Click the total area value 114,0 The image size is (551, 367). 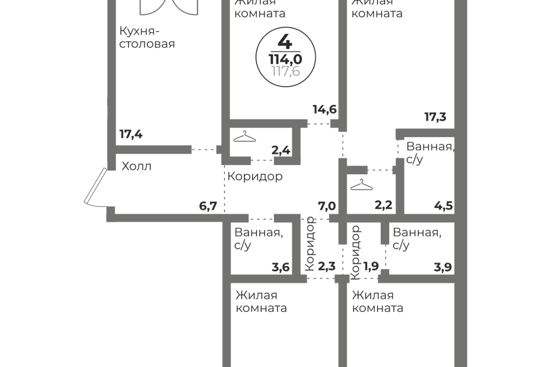pyautogui.click(x=285, y=58)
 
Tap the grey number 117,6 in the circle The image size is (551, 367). pyautogui.click(x=286, y=71)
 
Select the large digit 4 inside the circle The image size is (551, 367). pyautogui.click(x=285, y=42)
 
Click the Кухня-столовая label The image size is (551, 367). pyautogui.click(x=147, y=38)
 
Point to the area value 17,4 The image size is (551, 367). pyautogui.click(x=131, y=134)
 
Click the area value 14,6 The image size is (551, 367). pyautogui.click(x=325, y=110)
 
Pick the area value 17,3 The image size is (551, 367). pyautogui.click(x=436, y=116)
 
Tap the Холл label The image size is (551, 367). pyautogui.click(x=137, y=166)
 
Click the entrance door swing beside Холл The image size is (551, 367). pyautogui.click(x=95, y=187)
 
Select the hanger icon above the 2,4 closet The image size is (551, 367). pyautogui.click(x=245, y=136)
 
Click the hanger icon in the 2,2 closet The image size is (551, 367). pyautogui.click(x=362, y=185)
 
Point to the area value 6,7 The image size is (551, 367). pyautogui.click(x=208, y=206)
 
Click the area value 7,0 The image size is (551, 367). pyautogui.click(x=327, y=206)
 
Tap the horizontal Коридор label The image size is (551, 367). pyautogui.click(x=255, y=176)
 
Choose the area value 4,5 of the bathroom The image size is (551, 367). pyautogui.click(x=444, y=205)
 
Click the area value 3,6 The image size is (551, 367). pyautogui.click(x=281, y=267)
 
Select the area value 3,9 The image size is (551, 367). pyautogui.click(x=443, y=267)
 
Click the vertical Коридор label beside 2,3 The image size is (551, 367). pyautogui.click(x=310, y=243)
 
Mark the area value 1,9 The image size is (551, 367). pyautogui.click(x=371, y=267)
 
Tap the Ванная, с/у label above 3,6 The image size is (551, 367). pyautogui.click(x=259, y=239)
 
